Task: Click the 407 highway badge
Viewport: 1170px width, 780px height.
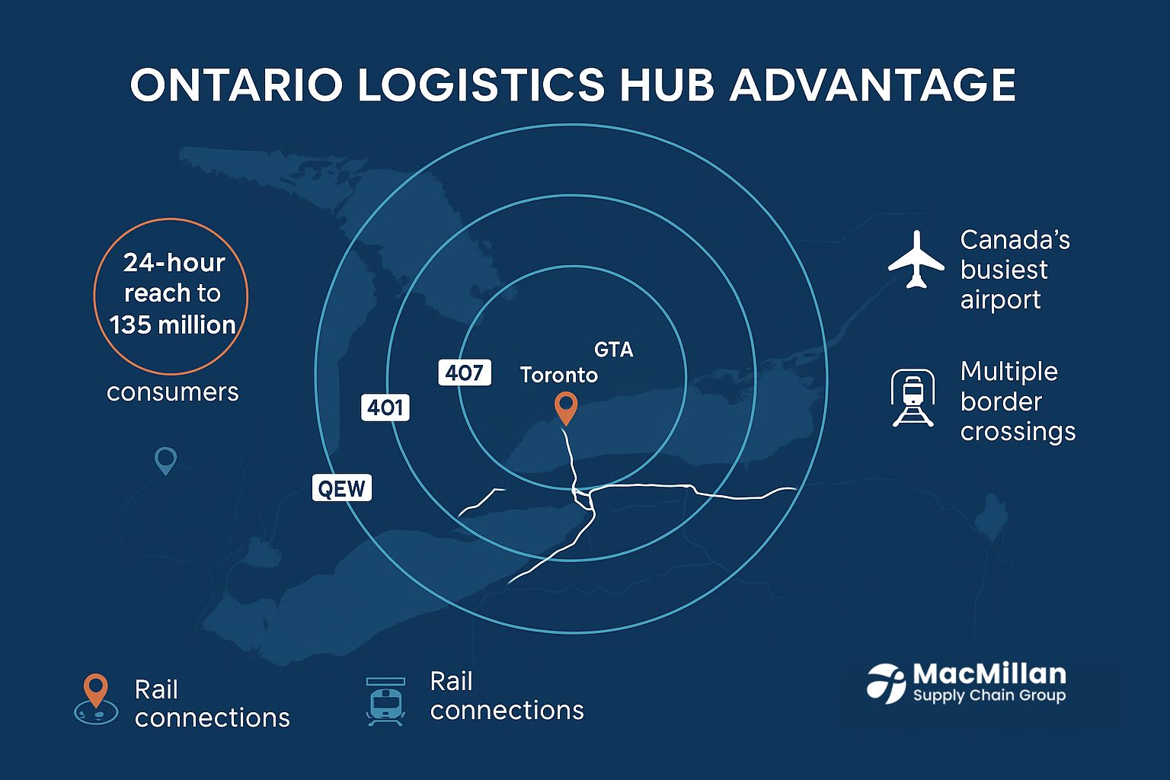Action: coord(465,372)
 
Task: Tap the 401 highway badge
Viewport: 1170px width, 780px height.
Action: coord(385,408)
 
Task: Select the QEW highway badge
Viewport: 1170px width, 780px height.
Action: coord(342,487)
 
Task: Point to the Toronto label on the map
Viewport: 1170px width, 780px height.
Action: coord(558,375)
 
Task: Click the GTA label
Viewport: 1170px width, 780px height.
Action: coord(613,350)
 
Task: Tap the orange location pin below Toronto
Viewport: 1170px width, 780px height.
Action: coord(565,408)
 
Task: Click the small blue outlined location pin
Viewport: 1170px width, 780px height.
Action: coord(165,460)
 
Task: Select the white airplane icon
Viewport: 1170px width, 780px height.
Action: coord(916,260)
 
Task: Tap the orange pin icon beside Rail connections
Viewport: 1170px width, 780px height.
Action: coord(96,697)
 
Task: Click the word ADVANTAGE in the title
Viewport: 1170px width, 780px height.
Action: coord(873,85)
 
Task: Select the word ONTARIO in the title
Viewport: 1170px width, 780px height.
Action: coord(236,85)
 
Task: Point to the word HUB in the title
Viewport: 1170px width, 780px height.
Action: coord(667,85)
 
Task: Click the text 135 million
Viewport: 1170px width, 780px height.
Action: coord(172,325)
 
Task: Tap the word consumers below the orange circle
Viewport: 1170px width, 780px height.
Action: coord(173,392)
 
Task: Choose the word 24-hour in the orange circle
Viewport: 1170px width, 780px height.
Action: coord(174,263)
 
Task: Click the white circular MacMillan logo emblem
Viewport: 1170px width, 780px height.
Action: coord(886,682)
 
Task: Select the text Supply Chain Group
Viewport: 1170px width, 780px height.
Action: coord(989,695)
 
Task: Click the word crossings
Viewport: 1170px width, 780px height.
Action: coord(1018,432)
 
